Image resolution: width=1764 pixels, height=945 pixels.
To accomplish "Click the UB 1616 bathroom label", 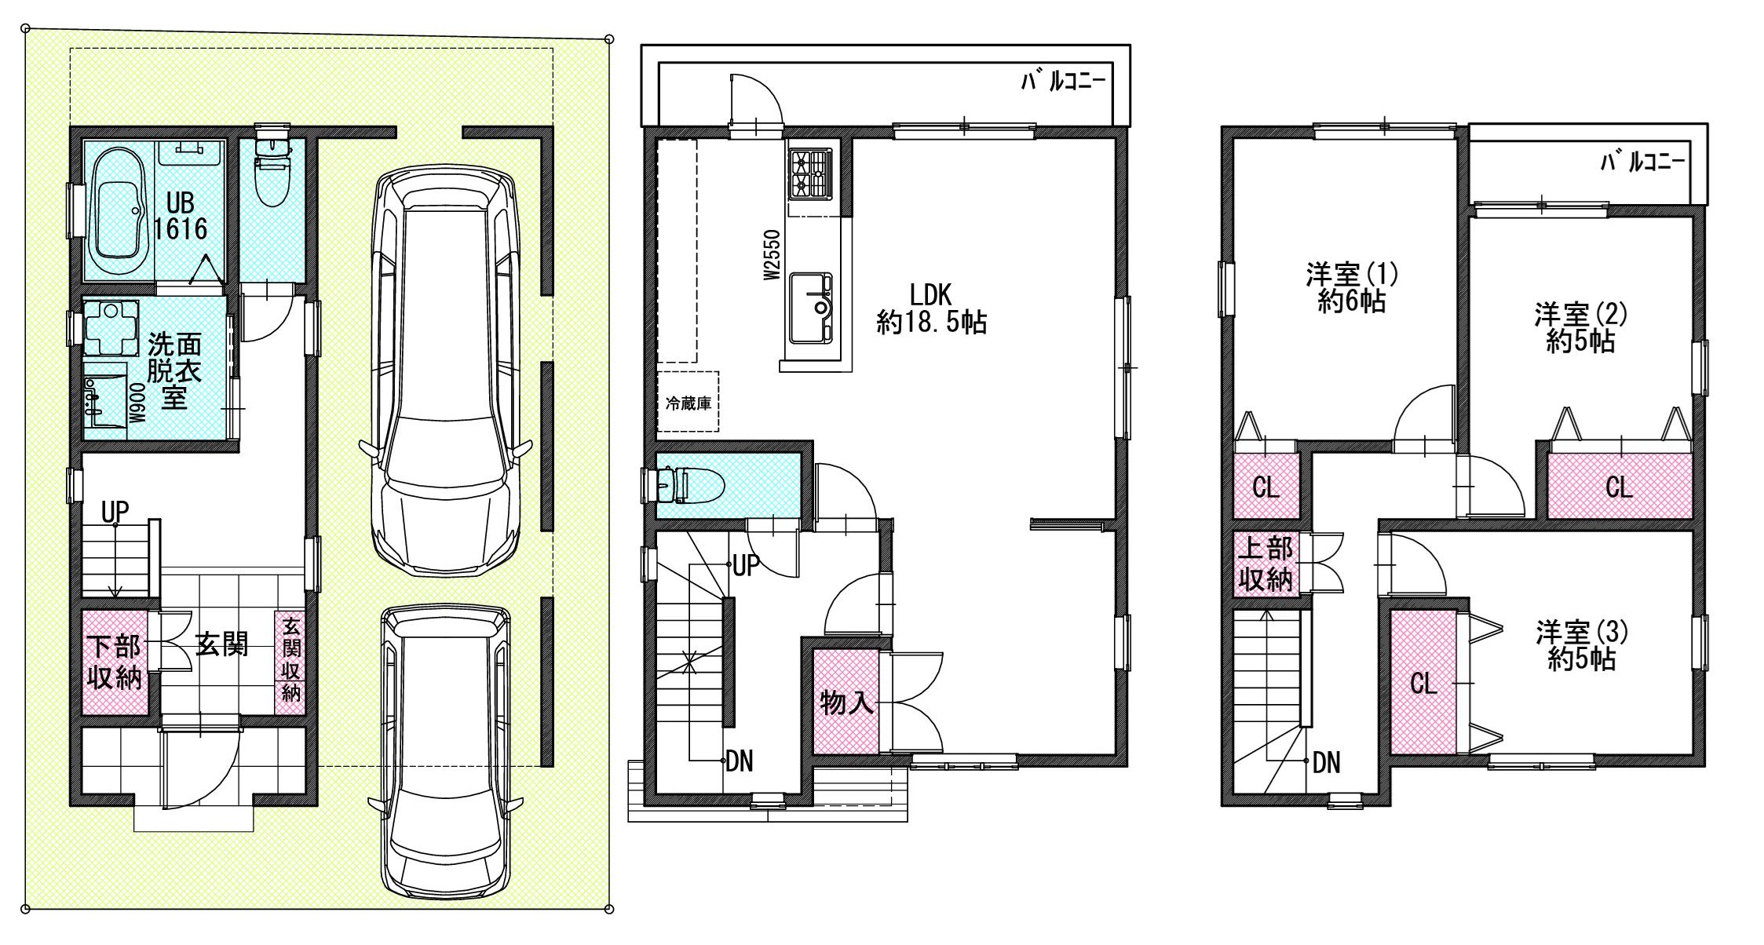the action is (x=180, y=216).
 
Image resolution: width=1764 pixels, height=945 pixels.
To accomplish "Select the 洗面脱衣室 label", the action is (x=174, y=370).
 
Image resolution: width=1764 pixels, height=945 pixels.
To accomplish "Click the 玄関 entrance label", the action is (x=222, y=645).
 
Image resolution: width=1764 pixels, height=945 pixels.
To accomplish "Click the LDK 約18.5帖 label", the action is (x=931, y=308).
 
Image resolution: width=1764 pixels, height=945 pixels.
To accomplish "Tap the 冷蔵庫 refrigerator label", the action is (x=688, y=404).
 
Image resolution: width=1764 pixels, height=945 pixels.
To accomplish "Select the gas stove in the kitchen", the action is (x=811, y=173).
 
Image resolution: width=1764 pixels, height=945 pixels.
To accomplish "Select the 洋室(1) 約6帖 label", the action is (x=1352, y=288).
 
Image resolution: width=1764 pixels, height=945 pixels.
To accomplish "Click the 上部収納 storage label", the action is (x=1265, y=564).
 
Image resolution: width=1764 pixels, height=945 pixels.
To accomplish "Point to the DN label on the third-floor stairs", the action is (x=1326, y=762).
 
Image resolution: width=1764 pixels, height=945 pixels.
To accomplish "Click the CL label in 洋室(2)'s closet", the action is (x=1619, y=487).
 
